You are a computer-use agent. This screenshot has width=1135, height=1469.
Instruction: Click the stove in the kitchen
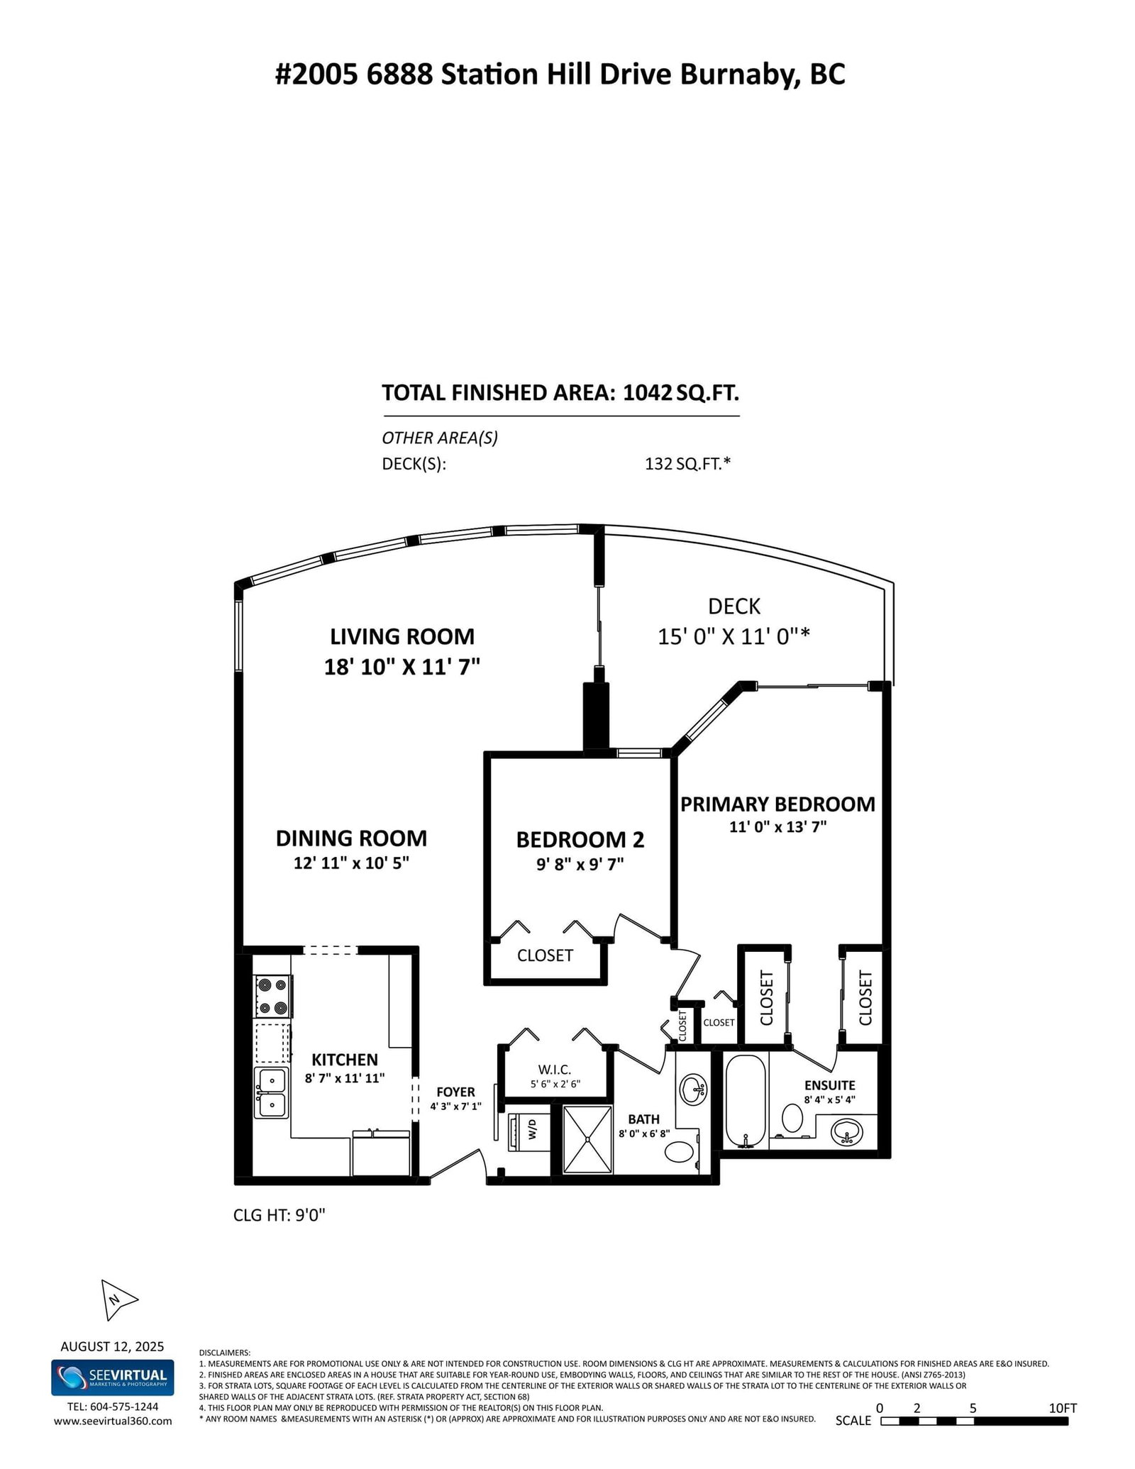point(273,997)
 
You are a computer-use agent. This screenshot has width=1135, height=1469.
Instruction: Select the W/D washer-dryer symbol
point(524,1133)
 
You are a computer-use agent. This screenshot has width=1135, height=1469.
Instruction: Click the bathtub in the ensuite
point(746,1111)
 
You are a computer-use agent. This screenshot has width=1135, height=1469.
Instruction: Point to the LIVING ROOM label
point(402,636)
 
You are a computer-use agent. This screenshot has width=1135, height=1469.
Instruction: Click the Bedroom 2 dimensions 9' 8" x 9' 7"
point(580,864)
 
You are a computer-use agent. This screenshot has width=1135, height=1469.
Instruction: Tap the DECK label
point(734,606)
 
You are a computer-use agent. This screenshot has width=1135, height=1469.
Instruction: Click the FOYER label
point(455,1092)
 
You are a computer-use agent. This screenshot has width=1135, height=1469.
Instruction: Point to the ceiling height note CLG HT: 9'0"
point(279,1215)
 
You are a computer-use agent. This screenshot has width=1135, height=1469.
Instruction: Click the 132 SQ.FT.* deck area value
point(687,464)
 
